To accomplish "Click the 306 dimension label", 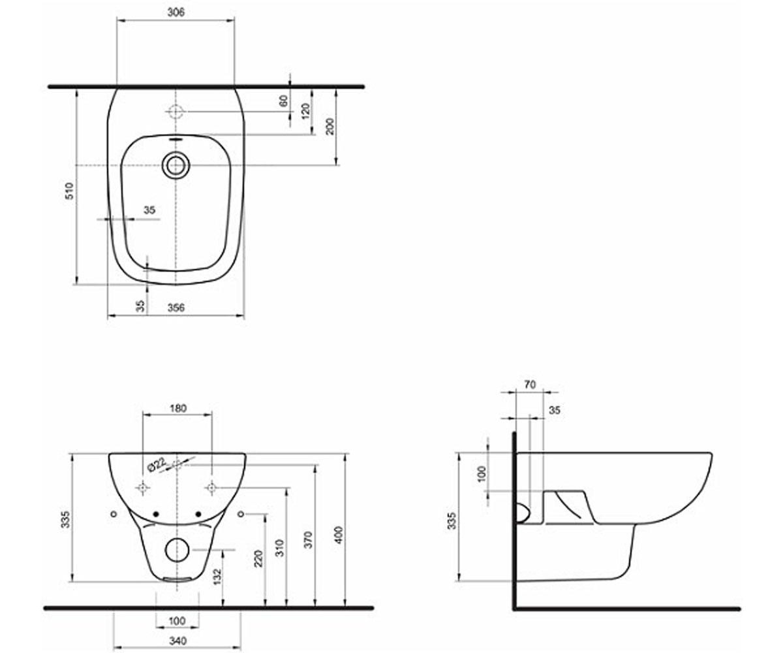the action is (176, 12).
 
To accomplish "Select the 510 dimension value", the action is (70, 191).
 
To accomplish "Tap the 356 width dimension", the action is (176, 308).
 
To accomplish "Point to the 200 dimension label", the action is (330, 127).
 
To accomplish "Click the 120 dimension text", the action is (305, 112).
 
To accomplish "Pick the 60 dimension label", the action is (284, 101).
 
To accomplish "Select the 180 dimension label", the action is (177, 408).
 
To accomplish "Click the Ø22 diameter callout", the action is (157, 465).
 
